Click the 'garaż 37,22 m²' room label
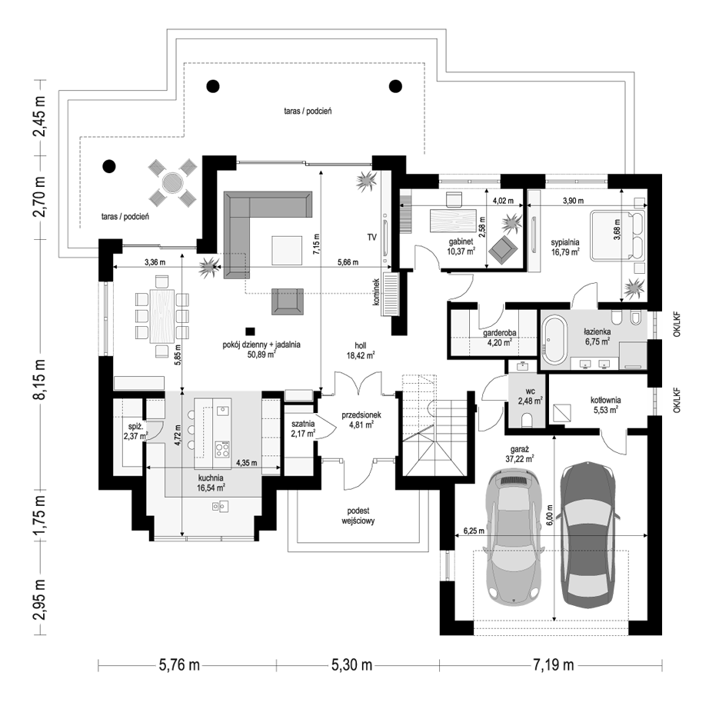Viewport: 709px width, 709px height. tap(521, 453)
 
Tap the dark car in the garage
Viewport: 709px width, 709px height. tap(588, 534)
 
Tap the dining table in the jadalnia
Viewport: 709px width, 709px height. tap(161, 314)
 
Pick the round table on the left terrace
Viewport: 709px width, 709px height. tap(171, 182)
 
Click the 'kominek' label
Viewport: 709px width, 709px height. tap(377, 292)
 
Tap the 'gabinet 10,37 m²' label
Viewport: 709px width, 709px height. tap(461, 245)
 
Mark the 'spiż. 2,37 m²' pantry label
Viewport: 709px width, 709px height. tap(135, 431)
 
